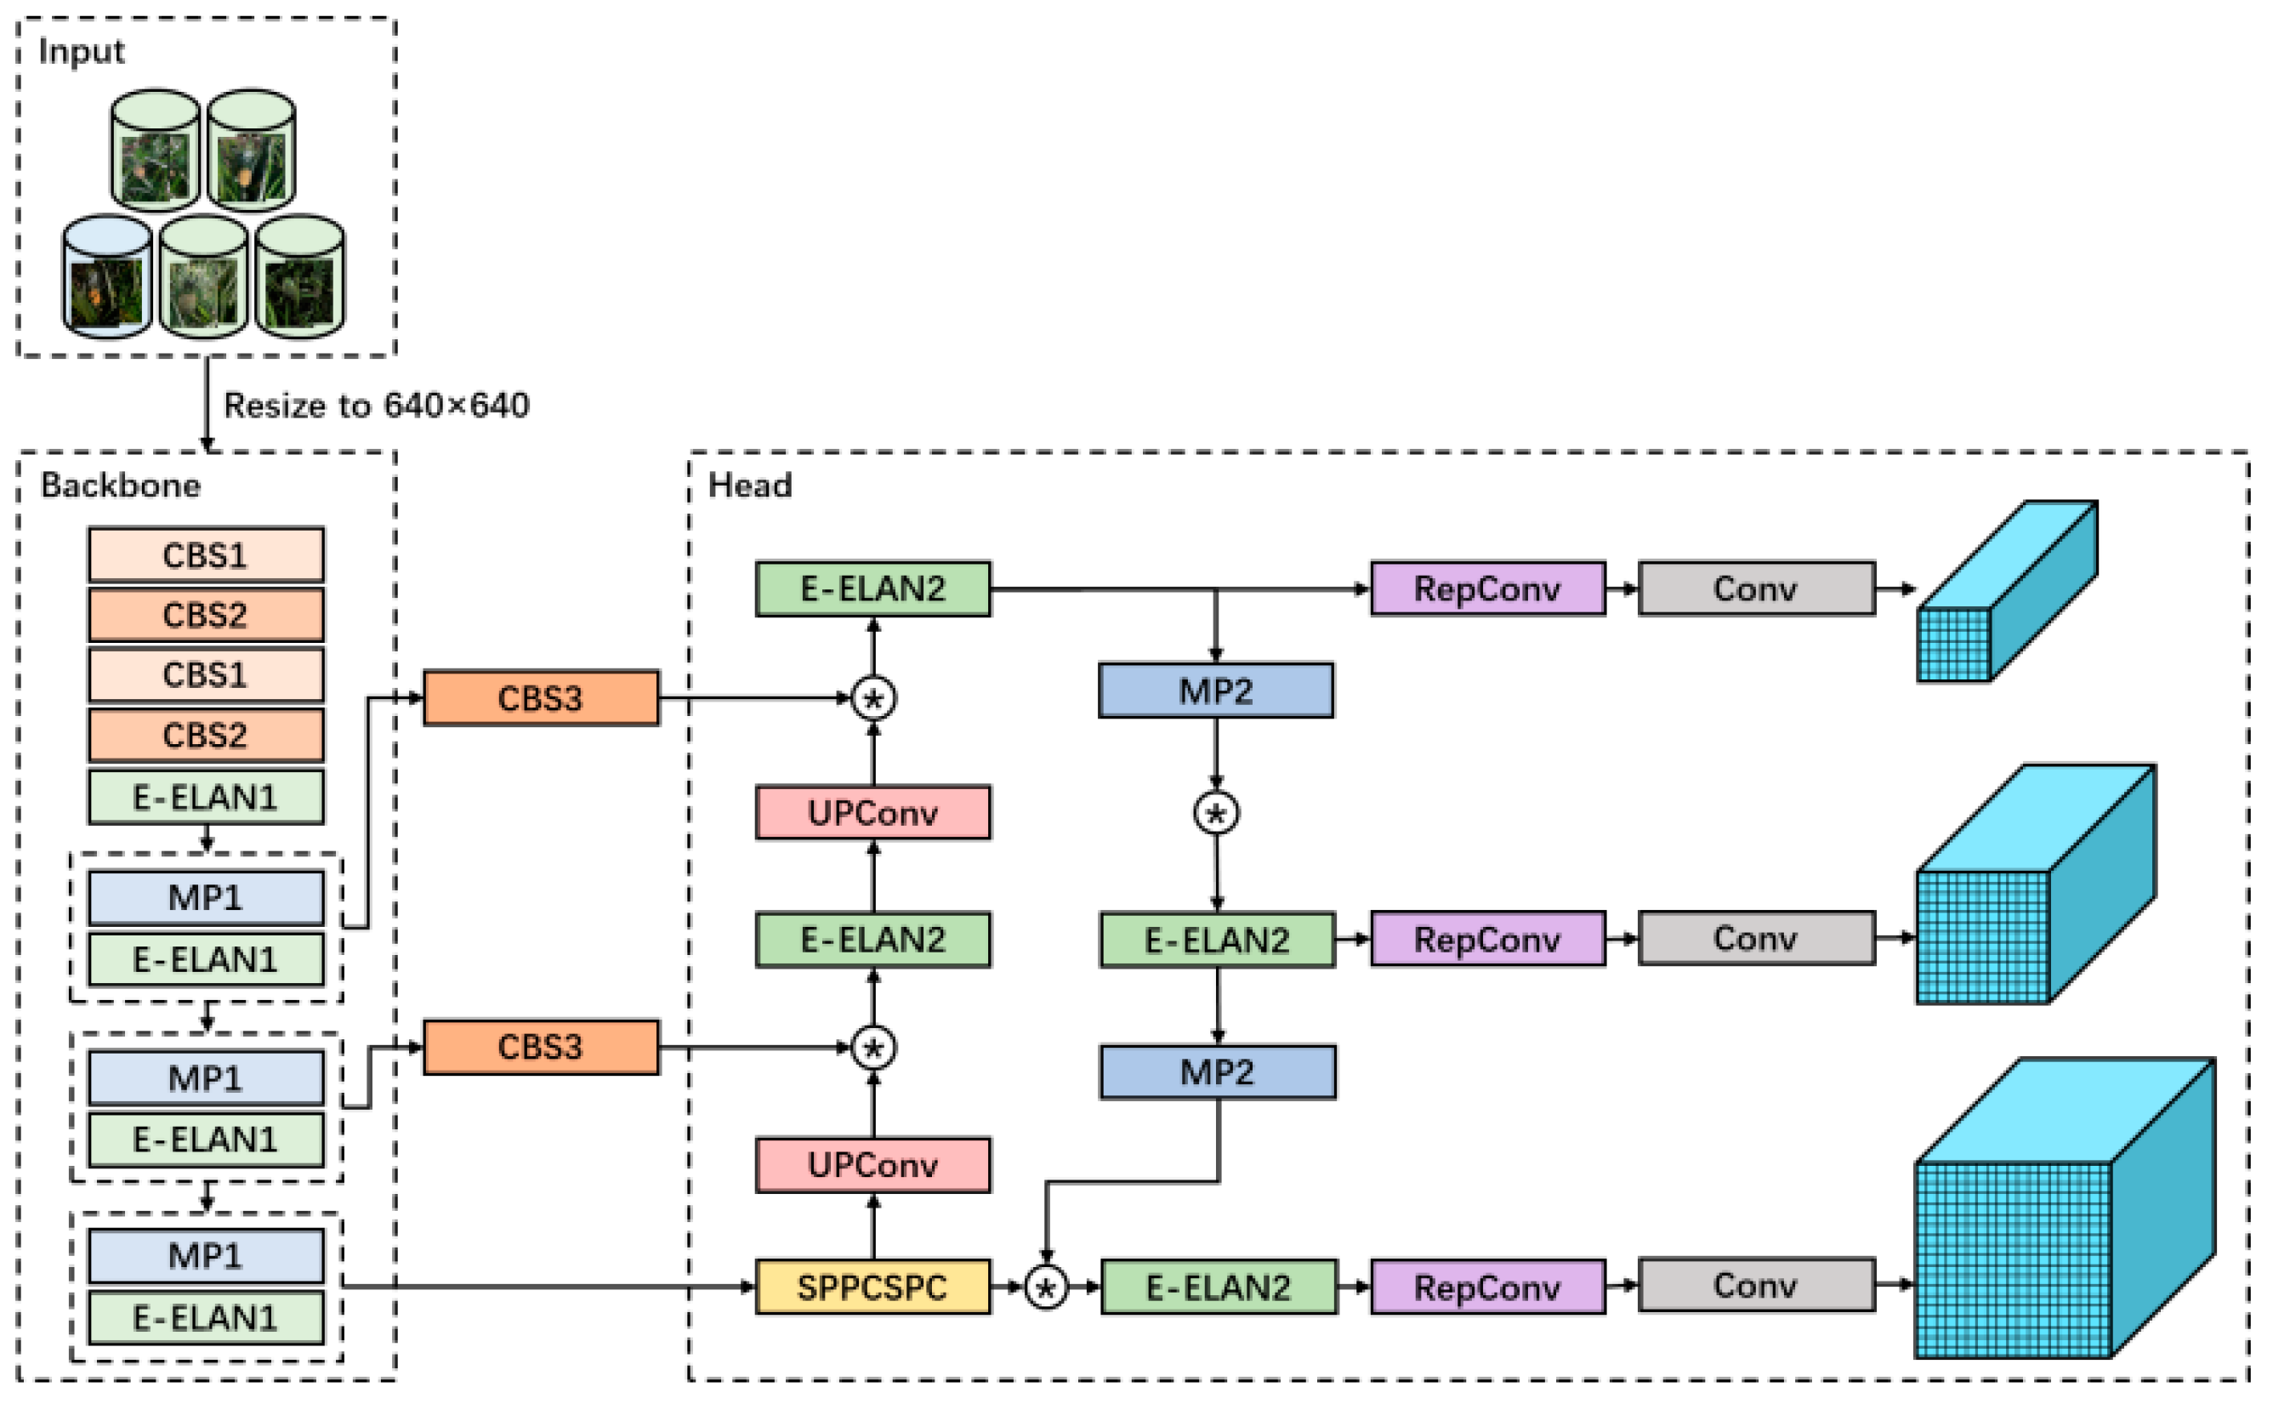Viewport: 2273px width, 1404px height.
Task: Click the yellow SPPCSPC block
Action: point(872,1287)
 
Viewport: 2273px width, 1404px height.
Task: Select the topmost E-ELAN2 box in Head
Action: point(872,588)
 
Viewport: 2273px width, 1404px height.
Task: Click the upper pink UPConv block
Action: point(872,812)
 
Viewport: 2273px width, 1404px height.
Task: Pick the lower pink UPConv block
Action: point(872,1164)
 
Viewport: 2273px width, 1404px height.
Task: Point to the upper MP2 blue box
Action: point(1215,690)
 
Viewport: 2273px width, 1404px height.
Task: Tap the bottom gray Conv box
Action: point(1756,1285)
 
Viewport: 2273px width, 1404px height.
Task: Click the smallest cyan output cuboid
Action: point(2006,594)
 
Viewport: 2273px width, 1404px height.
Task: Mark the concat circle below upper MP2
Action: point(1215,814)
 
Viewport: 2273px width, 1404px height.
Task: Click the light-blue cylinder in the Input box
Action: point(107,276)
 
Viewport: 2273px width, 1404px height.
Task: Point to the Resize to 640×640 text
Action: point(376,406)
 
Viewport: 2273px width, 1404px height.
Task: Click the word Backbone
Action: point(121,486)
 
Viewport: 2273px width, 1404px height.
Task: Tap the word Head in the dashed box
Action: point(749,486)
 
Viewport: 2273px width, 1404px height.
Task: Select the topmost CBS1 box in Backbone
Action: point(205,555)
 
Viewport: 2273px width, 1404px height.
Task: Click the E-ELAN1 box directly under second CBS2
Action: point(205,797)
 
